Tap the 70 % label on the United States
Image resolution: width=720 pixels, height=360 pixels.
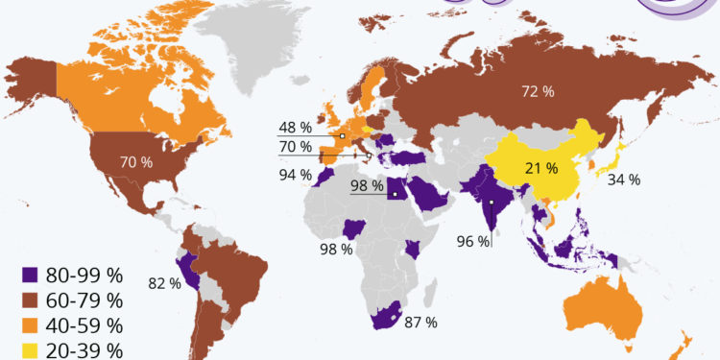point(135,162)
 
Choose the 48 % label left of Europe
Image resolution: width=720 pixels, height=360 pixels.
point(295,127)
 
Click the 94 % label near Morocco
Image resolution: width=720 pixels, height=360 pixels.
point(295,175)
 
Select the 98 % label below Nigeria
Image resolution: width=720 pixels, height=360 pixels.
point(336,250)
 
